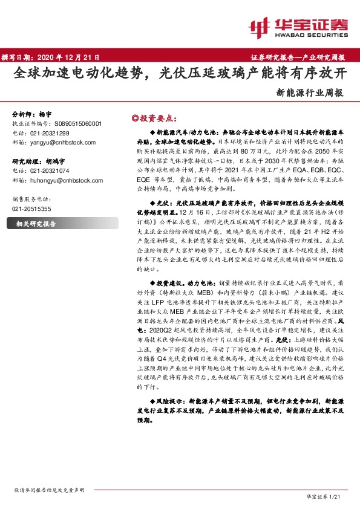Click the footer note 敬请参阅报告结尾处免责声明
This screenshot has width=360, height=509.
(48, 490)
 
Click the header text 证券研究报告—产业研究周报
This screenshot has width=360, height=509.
(298, 57)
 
